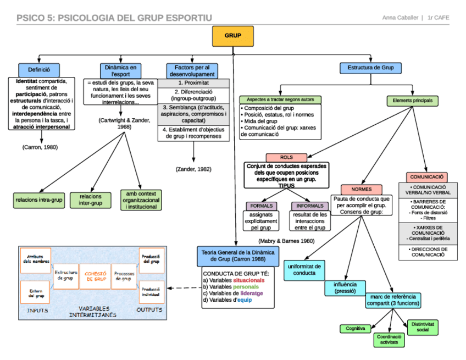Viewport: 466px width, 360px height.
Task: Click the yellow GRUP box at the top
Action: (233, 36)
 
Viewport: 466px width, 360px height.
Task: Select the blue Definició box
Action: (39, 70)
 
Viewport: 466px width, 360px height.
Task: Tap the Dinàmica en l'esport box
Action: (120, 70)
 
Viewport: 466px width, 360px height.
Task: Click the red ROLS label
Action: (286, 157)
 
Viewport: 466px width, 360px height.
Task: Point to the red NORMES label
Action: (361, 189)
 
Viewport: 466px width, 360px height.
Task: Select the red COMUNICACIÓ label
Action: (427, 177)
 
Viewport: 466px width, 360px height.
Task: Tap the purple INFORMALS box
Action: (310, 206)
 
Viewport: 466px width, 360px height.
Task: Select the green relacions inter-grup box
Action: (90, 200)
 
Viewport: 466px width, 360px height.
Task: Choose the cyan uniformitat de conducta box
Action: (304, 269)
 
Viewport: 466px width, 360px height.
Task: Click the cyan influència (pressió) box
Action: (345, 287)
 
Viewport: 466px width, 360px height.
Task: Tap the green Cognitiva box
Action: (355, 328)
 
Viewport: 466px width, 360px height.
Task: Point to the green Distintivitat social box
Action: (423, 327)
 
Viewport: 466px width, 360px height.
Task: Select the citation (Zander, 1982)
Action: (193, 169)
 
